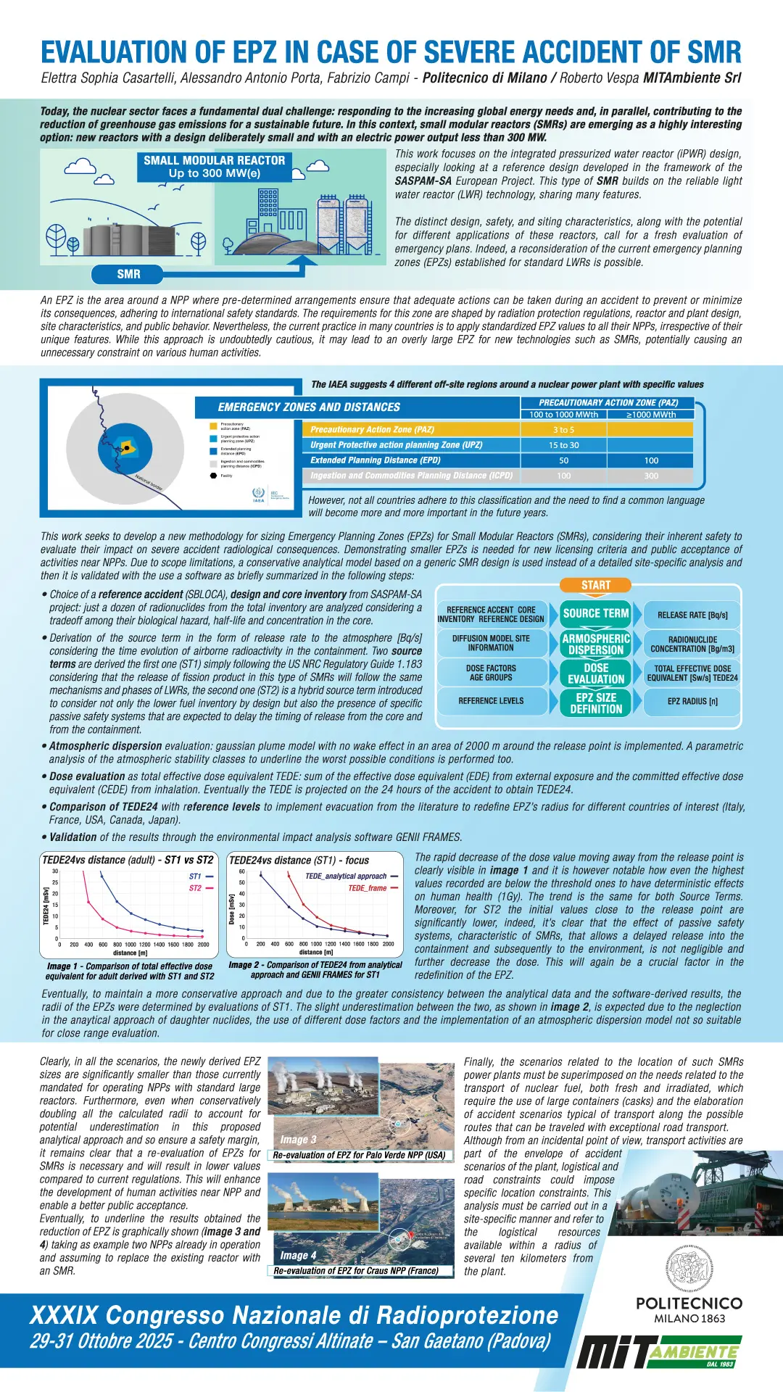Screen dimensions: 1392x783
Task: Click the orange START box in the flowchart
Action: [596, 585]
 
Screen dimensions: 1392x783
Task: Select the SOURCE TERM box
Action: [596, 613]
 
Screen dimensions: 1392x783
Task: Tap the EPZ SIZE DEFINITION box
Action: [596, 703]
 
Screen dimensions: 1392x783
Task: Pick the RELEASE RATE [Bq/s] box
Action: [692, 615]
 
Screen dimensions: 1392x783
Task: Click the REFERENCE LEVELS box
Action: [491, 701]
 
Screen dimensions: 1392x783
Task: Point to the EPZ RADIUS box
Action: [692, 701]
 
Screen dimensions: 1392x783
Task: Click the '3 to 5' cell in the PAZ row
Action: [563, 430]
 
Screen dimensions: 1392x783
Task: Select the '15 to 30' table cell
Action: [563, 445]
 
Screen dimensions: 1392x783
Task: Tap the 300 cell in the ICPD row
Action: [651, 476]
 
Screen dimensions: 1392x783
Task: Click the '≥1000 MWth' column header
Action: [651, 415]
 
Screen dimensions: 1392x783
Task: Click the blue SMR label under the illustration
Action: [129, 274]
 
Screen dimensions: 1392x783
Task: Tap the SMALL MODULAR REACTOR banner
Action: [215, 167]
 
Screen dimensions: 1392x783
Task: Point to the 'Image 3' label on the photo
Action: [299, 1140]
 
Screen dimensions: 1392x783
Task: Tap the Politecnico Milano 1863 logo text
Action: [689, 1310]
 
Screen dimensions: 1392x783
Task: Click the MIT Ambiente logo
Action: [660, 1351]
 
